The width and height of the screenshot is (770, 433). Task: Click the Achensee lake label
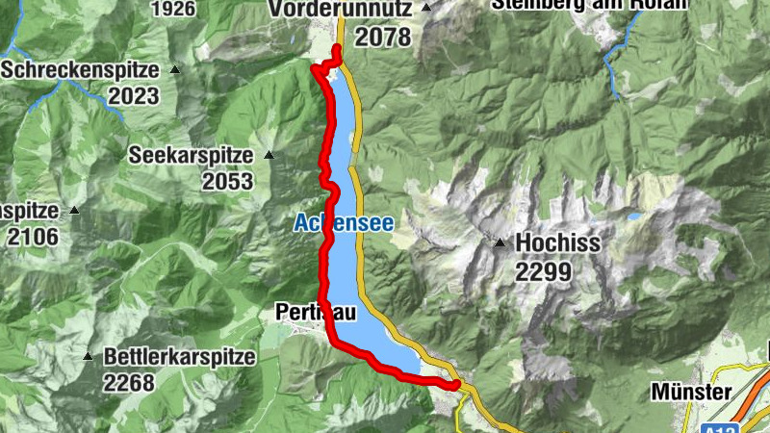(344, 223)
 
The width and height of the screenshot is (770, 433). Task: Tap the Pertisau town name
(315, 312)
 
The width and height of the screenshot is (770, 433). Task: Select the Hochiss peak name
(558, 243)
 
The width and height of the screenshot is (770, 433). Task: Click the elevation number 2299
(543, 272)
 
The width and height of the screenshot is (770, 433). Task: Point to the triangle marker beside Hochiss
(500, 242)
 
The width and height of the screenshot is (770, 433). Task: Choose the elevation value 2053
(226, 181)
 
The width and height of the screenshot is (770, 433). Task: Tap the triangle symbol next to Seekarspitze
(269, 154)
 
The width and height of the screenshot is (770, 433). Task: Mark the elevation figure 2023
(133, 96)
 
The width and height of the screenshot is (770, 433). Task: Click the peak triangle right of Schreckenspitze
(175, 69)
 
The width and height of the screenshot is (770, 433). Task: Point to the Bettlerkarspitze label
(180, 357)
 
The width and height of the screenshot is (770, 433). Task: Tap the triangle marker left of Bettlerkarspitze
(88, 356)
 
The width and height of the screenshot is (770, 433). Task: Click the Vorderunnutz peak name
(341, 8)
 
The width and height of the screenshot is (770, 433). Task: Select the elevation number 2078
(382, 38)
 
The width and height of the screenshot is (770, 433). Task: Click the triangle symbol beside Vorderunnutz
(426, 8)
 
